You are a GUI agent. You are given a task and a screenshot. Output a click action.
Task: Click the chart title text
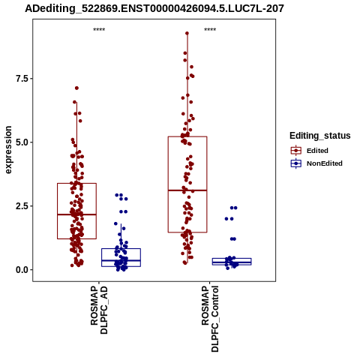tap(154, 8)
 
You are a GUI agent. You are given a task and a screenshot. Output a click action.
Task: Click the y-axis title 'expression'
tap(8, 150)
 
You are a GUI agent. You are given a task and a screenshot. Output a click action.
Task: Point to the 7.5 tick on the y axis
tap(22, 79)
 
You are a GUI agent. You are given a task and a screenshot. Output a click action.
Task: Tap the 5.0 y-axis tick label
tap(22, 142)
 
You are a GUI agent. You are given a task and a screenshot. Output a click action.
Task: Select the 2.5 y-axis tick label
tap(22, 206)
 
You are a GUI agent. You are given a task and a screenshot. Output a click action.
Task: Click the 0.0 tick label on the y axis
tap(22, 270)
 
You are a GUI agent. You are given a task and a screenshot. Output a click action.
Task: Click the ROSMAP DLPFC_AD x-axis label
tap(99, 310)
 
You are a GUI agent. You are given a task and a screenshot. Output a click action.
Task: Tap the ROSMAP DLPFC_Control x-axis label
tap(210, 319)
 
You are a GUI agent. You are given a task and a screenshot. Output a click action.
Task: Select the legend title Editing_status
tap(320, 136)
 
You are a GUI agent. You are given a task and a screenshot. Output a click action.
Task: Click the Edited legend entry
tap(317, 151)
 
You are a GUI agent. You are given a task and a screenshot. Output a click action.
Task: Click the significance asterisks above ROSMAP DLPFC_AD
tap(99, 29)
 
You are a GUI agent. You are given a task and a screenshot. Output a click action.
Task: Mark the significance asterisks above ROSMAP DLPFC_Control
tap(210, 29)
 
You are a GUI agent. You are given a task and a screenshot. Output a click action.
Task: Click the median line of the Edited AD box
tap(76, 214)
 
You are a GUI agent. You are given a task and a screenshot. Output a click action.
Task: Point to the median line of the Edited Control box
tap(187, 190)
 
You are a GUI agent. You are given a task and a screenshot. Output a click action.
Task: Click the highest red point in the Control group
tap(187, 33)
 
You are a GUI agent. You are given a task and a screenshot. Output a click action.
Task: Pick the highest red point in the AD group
tap(76, 88)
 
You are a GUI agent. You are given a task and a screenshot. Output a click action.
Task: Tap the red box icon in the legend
tap(296, 151)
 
